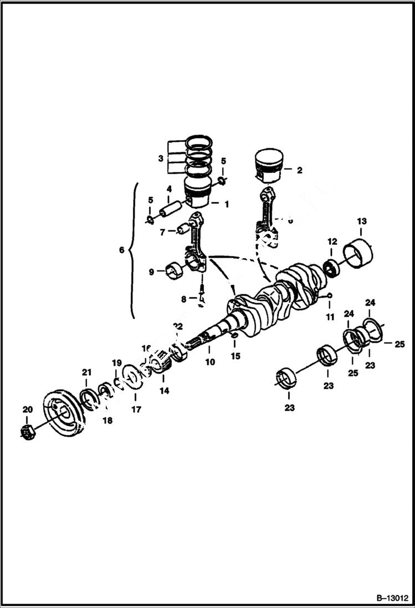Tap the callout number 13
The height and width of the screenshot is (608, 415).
click(x=361, y=222)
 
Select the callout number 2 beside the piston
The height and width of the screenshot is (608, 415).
click(x=299, y=170)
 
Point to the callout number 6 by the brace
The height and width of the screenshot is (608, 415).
click(x=121, y=250)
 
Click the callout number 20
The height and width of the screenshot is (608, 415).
click(x=27, y=410)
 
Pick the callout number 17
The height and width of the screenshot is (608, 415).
click(x=136, y=410)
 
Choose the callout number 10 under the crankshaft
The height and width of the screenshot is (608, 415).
click(x=210, y=363)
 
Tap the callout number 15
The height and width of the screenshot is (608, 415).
click(x=235, y=356)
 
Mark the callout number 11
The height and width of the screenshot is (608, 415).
click(x=330, y=317)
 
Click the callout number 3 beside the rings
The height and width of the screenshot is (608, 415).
click(x=160, y=159)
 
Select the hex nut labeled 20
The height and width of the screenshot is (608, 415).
click(x=28, y=431)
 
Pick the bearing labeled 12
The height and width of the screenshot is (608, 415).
click(x=332, y=267)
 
